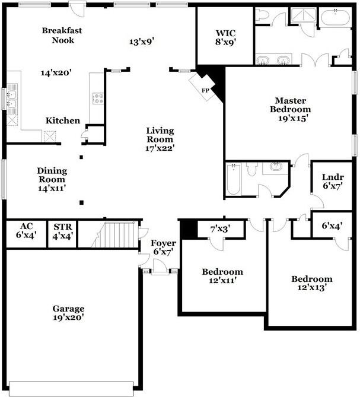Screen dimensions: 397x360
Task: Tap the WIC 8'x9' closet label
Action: [x=225, y=37]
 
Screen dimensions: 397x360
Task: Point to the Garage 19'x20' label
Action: [x=68, y=313]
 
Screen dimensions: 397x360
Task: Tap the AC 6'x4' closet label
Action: [x=26, y=230]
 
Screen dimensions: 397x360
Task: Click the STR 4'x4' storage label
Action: [x=62, y=231]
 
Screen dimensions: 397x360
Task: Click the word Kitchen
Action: [x=63, y=120]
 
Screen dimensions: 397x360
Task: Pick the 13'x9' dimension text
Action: [x=142, y=42]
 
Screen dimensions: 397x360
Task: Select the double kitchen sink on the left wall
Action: [x=11, y=98]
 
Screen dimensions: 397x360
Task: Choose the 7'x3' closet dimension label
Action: [x=220, y=228]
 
